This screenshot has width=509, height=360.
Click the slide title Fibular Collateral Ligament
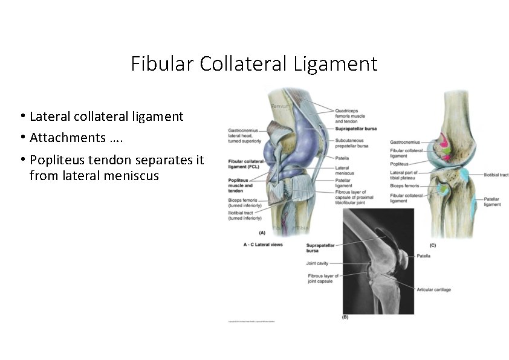coord(254,63)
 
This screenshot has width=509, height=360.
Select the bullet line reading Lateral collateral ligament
coord(106,116)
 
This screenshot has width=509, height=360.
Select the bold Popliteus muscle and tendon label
coord(241,185)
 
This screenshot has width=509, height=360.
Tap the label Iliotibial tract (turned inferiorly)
coord(245,215)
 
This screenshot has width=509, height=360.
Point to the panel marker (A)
coord(262,233)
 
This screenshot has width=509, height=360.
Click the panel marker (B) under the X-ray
coord(345,317)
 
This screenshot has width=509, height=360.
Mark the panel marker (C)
coord(432,245)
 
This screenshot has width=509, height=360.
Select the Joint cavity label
coord(319,264)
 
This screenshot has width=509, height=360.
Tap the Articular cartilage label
coord(434,290)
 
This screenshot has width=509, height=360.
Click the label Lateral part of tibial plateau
coord(406,175)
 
